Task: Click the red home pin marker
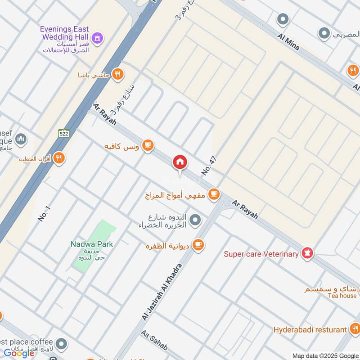click(x=180, y=162)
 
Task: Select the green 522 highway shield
click(x=63, y=133)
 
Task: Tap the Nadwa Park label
click(x=92, y=244)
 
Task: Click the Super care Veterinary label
click(x=261, y=254)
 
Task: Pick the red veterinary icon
click(x=307, y=253)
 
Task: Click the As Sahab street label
click(x=154, y=341)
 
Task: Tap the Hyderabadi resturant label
click(x=310, y=330)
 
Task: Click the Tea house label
click(x=342, y=296)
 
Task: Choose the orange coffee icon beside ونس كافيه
click(x=148, y=145)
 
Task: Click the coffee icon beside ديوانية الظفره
click(x=198, y=245)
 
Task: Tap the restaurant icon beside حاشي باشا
click(x=117, y=74)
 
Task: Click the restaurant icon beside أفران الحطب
click(x=58, y=158)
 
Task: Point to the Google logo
click(x=19, y=353)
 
